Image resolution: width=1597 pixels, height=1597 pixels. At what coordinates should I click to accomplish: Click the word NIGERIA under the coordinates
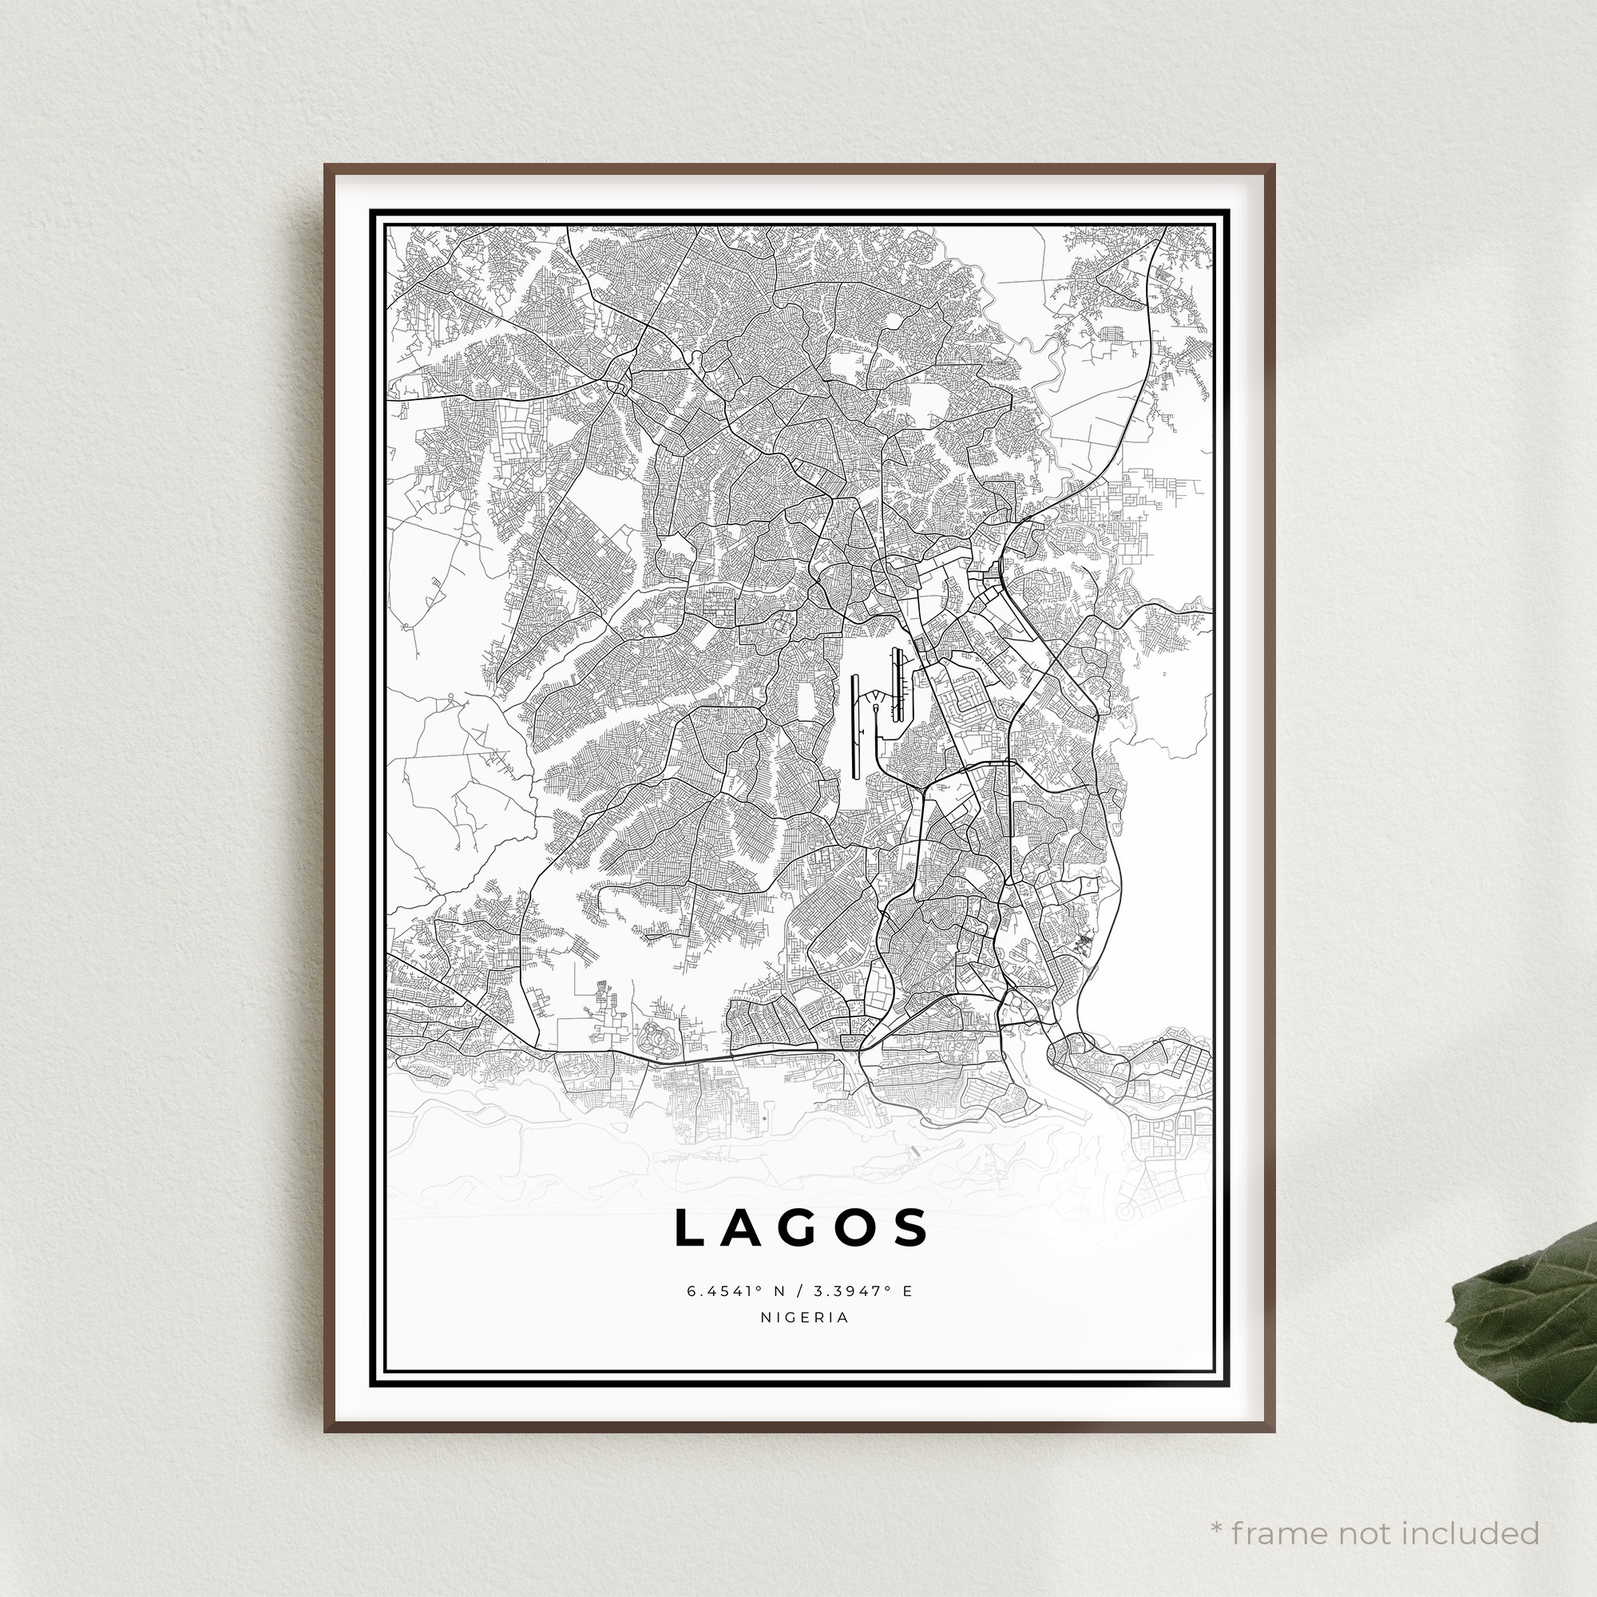(x=805, y=1318)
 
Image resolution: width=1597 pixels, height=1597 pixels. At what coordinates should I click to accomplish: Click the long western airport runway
(x=855, y=726)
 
